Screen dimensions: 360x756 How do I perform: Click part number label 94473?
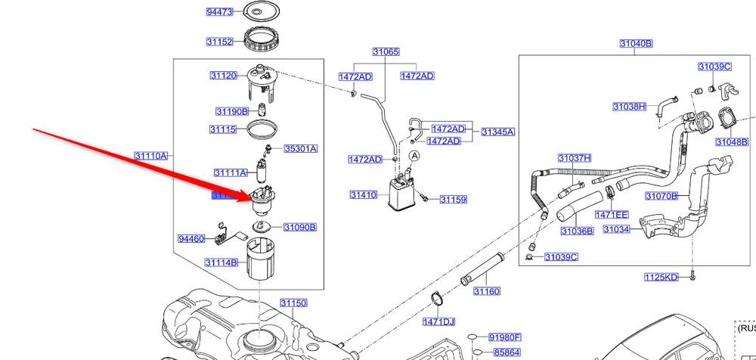point(220,11)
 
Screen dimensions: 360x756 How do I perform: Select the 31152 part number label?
point(220,42)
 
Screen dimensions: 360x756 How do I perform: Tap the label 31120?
point(224,76)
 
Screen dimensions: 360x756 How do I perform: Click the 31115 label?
point(225,130)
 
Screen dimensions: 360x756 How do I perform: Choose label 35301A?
point(300,149)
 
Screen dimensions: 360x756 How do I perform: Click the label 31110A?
point(151,156)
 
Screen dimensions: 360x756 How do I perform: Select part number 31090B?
point(299,227)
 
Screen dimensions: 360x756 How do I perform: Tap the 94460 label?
point(191,239)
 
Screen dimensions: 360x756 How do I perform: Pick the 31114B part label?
point(221,262)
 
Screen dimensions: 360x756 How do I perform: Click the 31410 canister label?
point(363,195)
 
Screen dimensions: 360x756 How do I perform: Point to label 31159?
point(454,200)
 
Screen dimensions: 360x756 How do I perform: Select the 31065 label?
point(386,52)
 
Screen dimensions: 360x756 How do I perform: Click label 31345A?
point(497,132)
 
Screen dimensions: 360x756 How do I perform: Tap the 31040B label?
point(636,44)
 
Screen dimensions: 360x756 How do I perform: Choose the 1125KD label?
point(661,278)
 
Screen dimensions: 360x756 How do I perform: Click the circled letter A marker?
point(414,156)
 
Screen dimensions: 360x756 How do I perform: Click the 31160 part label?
point(487,291)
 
